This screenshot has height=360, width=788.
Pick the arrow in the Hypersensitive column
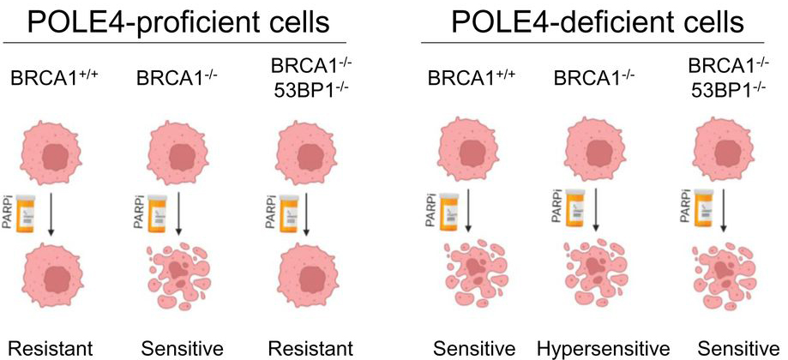point(594,214)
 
